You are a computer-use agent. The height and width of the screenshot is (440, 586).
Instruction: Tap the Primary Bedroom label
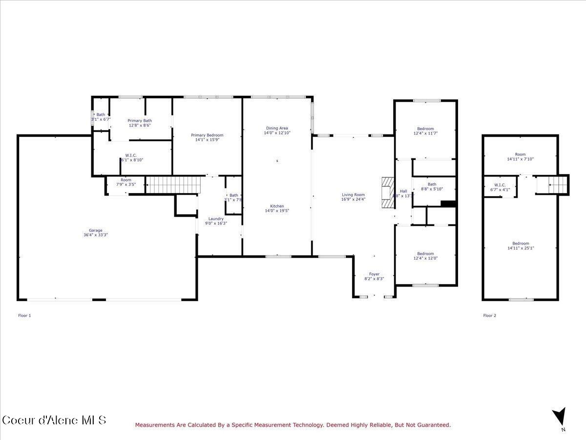tap(207, 135)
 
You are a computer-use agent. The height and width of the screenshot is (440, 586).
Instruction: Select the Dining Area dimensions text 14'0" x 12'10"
tap(277, 133)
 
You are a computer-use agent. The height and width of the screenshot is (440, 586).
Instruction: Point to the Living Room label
tap(353, 195)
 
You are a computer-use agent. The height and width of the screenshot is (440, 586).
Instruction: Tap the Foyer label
tap(375, 274)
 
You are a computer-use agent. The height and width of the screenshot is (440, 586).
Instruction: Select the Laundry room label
tap(216, 219)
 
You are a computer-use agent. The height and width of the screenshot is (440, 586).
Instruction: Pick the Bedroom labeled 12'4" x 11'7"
tap(425, 129)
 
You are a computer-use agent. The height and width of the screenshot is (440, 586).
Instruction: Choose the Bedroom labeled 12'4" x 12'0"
tap(425, 254)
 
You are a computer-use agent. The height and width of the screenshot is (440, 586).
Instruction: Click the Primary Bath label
tap(140, 121)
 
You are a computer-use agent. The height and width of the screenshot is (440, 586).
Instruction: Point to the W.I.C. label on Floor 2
tap(500, 185)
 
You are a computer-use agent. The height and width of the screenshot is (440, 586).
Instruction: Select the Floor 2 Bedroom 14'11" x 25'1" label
tap(521, 243)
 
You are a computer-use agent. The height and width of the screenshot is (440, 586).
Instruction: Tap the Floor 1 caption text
tap(24, 316)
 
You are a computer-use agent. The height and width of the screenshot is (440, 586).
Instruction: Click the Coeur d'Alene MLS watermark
tap(54, 420)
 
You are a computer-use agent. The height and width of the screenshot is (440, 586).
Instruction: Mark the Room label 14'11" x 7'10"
tap(521, 154)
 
